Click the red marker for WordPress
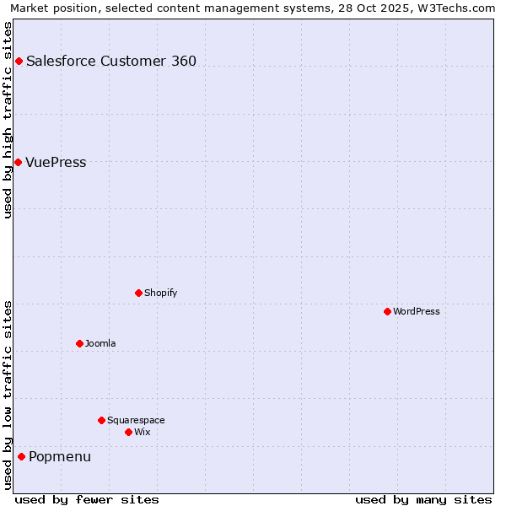pos(387,311)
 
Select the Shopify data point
pos(138,293)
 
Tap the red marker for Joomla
pos(79,343)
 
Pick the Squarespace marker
pos(101,420)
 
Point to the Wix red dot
pos(128,432)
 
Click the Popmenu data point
pos(21,457)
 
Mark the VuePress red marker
pos(18,162)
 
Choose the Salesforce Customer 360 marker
pos(19,61)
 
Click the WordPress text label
pos(417,311)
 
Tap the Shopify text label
pos(160,293)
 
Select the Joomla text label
pos(100,343)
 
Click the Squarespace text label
pos(136,420)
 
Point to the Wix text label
pos(142,432)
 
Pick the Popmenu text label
pos(60,457)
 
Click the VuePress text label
pos(56,162)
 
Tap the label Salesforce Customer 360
pos(111,61)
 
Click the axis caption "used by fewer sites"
pos(87,499)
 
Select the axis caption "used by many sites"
pos(423,499)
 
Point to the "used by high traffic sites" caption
pos(8,120)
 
